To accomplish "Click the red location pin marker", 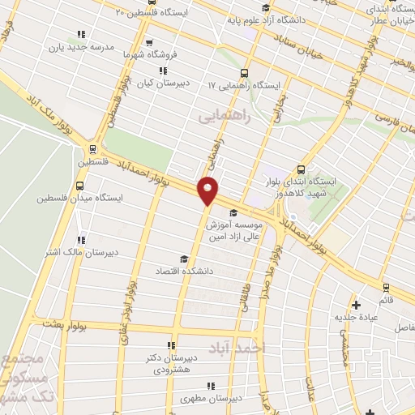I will point(208,190).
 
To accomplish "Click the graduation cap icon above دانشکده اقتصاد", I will point(185,259).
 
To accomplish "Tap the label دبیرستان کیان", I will point(156,83).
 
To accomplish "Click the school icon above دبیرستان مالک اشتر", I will point(80,240).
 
